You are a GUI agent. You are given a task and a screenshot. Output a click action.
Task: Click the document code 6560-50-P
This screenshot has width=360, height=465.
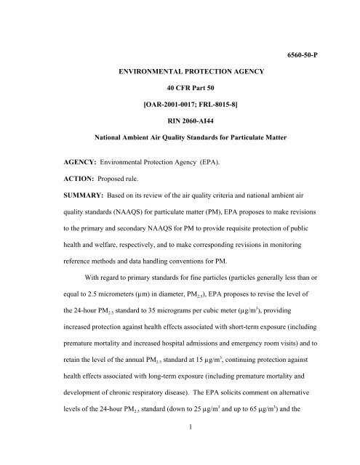[318, 34]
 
